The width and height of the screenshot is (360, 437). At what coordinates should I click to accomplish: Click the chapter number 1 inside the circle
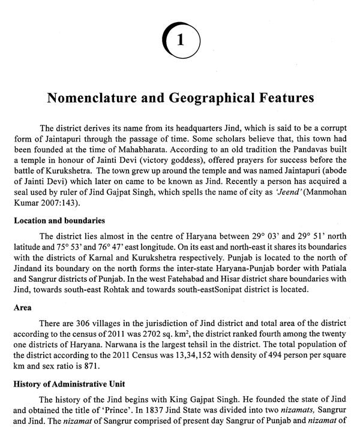[181, 40]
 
